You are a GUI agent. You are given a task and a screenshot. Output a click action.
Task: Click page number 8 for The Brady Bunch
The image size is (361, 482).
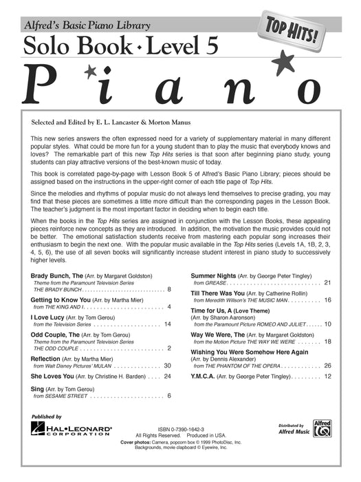click(x=169, y=271)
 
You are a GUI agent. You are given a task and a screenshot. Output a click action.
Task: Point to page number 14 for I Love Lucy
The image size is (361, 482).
click(x=167, y=304)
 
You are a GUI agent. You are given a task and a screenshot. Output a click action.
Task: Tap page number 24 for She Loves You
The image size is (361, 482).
click(x=167, y=377)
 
